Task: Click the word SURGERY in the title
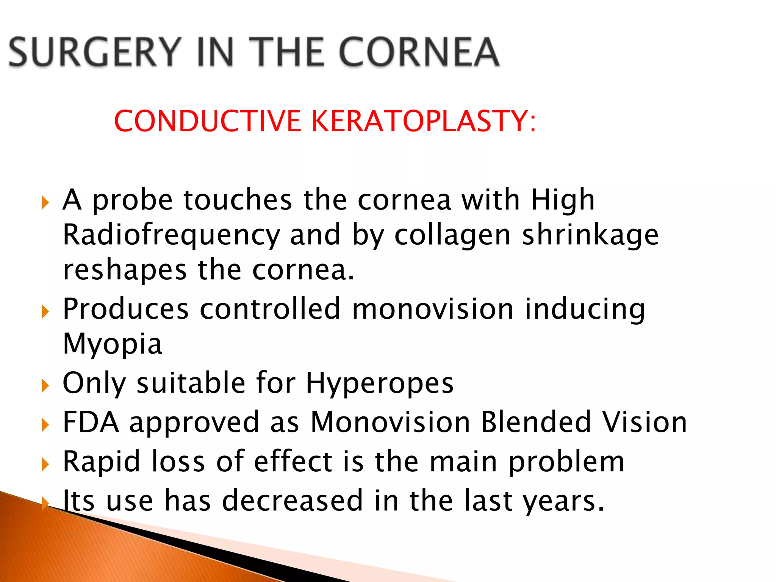(94, 52)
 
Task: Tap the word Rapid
(102, 462)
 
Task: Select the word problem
(566, 462)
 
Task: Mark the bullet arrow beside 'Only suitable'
(45, 386)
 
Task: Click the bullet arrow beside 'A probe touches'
(45, 203)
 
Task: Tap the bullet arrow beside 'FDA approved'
(45, 425)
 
